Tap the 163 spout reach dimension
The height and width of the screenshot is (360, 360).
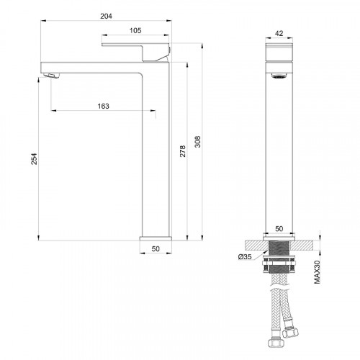pyautogui.click(x=102, y=107)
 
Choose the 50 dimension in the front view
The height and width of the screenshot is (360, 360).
pyautogui.click(x=156, y=248)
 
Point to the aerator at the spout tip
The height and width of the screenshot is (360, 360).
pyautogui.click(x=50, y=75)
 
